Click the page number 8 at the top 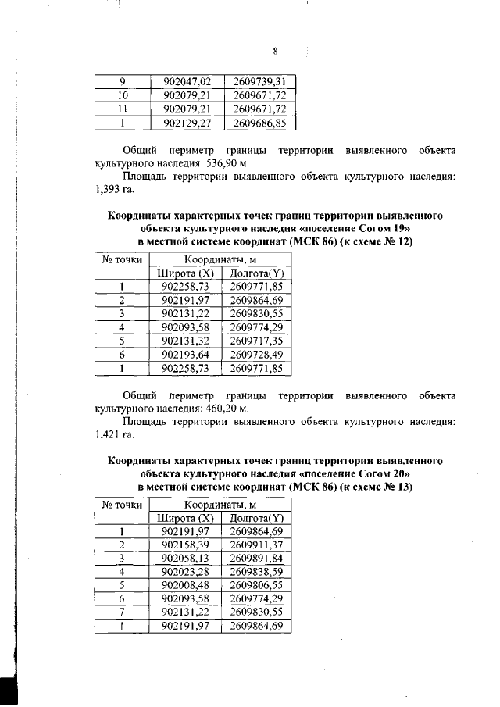275,52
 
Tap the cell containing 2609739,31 259,80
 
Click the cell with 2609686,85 259,123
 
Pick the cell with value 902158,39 185,544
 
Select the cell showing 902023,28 185,572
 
